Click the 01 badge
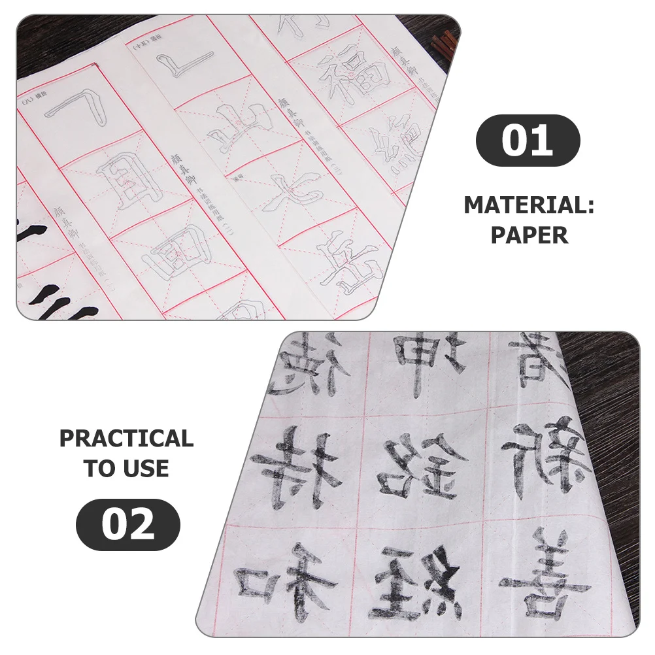click(x=528, y=139)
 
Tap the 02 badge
click(x=128, y=524)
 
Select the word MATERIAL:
click(x=529, y=205)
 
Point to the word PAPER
click(x=529, y=235)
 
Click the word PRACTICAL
click(x=127, y=438)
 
